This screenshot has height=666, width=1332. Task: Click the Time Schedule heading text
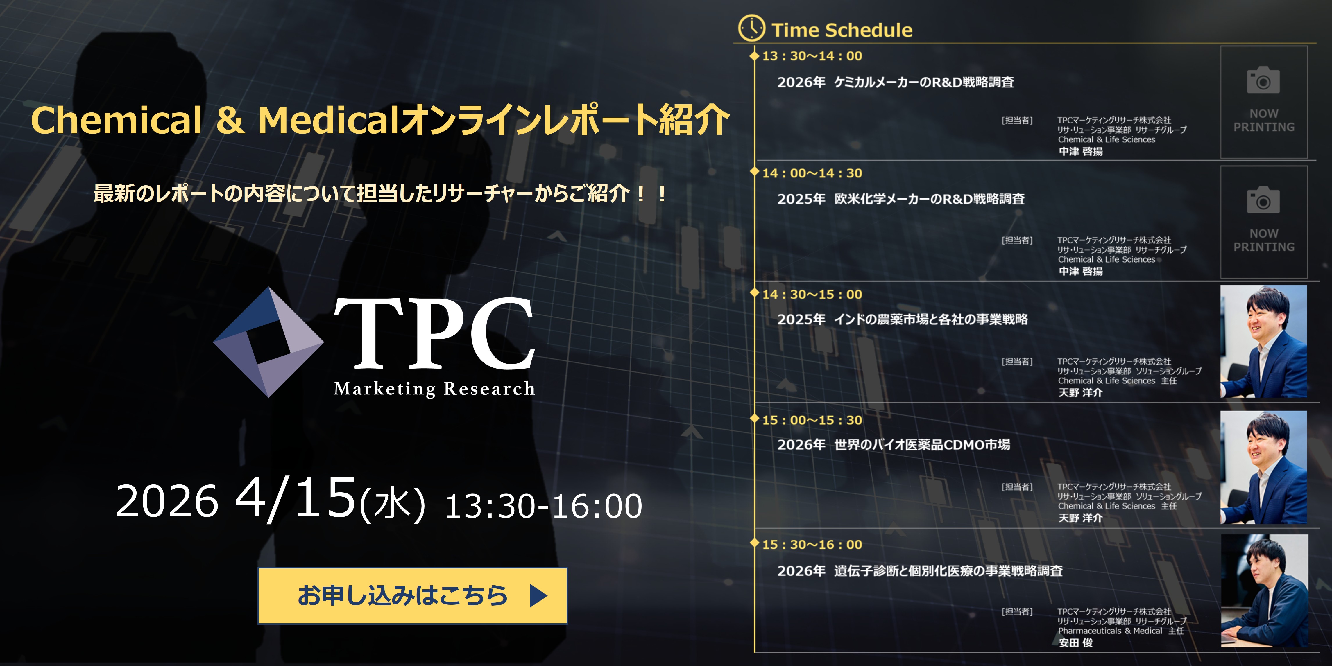pyautogui.click(x=842, y=30)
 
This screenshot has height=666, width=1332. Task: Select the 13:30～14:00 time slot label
pyautogui.click(x=812, y=56)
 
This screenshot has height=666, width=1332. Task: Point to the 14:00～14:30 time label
pyautogui.click(x=812, y=173)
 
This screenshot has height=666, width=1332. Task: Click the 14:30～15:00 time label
pyautogui.click(x=812, y=295)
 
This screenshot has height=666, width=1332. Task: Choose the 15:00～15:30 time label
pyautogui.click(x=812, y=420)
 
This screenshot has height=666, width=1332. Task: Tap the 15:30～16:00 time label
pyautogui.click(x=812, y=545)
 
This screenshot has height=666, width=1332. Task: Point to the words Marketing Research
pyautogui.click(x=434, y=389)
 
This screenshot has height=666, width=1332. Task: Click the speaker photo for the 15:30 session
pyautogui.click(x=1264, y=590)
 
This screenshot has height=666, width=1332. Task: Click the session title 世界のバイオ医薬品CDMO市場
pyautogui.click(x=922, y=445)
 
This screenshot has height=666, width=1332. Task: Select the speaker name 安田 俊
pyautogui.click(x=1075, y=643)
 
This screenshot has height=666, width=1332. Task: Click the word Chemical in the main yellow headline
pyautogui.click(x=116, y=120)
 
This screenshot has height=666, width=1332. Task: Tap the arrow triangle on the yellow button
pyautogui.click(x=538, y=596)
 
